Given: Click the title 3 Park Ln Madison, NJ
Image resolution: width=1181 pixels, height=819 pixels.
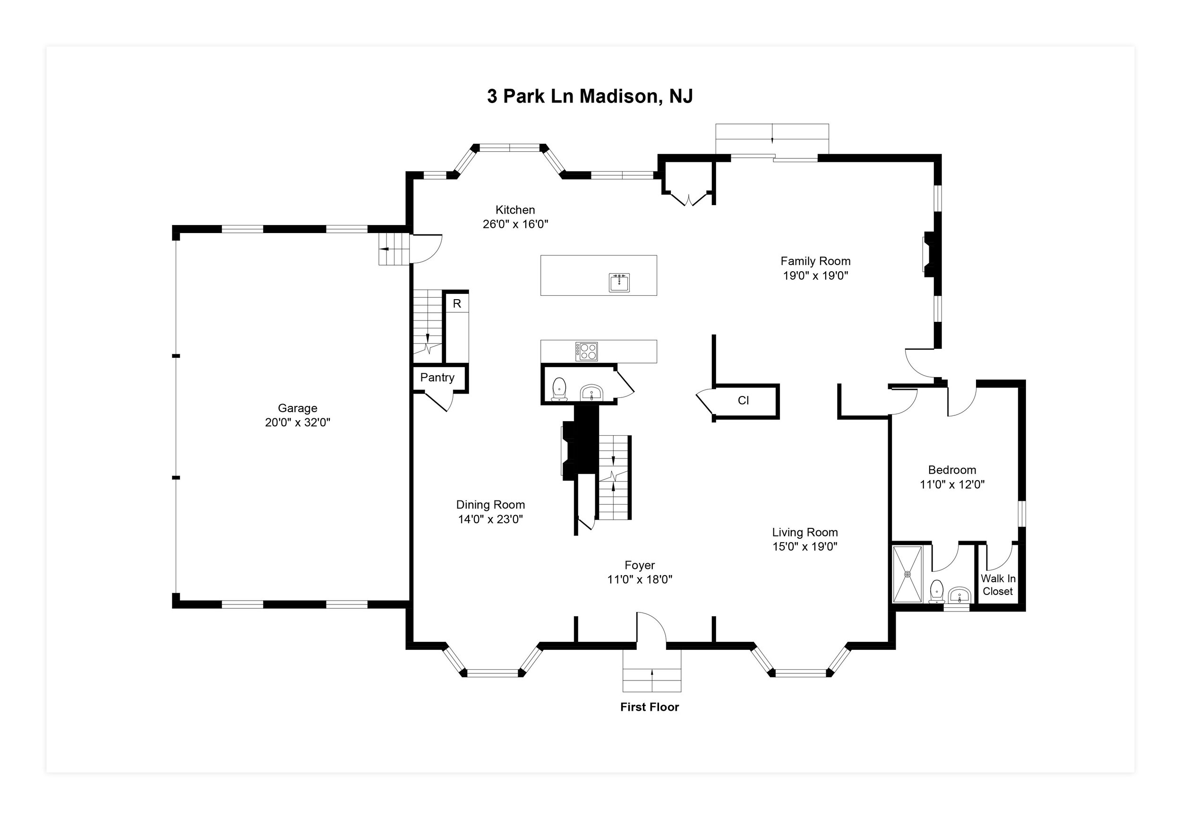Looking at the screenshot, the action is click(590, 96).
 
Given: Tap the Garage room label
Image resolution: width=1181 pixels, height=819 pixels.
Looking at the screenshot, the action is click(298, 408).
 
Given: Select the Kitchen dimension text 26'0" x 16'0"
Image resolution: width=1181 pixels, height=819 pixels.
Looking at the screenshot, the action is click(515, 224).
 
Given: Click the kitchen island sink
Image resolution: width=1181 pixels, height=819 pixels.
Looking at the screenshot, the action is click(619, 282).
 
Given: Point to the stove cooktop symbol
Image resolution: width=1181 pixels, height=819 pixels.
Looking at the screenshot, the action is click(586, 352).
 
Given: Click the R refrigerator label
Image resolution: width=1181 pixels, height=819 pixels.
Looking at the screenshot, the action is click(456, 304).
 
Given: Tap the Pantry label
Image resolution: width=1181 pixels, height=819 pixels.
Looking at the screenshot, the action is click(437, 378).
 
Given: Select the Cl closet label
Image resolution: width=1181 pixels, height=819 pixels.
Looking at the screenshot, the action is click(743, 400).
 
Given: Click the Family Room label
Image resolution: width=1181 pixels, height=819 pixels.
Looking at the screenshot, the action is click(815, 261).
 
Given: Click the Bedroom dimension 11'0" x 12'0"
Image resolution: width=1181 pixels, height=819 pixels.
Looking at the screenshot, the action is click(952, 484).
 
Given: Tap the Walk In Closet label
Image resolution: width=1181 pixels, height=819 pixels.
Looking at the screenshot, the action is click(997, 585).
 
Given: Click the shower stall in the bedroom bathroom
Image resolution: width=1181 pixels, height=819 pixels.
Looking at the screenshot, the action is click(907, 574).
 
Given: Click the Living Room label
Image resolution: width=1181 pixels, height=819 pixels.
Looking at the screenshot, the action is click(804, 532).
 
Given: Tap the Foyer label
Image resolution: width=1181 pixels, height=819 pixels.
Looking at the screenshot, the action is click(640, 565).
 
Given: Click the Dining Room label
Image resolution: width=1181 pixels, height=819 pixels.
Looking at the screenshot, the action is click(490, 504).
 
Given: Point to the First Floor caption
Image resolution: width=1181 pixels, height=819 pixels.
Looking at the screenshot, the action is click(649, 707).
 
